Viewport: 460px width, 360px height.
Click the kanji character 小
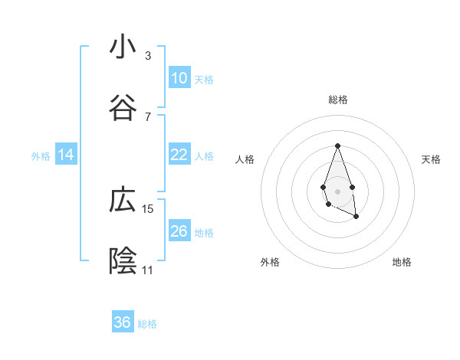[123, 47]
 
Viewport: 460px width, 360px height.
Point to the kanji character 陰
[123, 261]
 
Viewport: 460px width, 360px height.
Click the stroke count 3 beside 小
[147, 56]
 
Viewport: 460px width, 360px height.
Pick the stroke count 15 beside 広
[148, 208]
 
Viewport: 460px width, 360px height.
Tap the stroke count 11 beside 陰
[147, 270]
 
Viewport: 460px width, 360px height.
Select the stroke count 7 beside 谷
[147, 116]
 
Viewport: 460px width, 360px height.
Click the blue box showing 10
[179, 78]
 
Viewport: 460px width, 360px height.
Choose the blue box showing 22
[179, 155]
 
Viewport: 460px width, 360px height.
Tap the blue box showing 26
[179, 231]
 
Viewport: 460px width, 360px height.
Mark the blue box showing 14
[66, 155]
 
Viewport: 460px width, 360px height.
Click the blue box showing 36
[123, 322]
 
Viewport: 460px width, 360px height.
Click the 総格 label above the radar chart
[338, 100]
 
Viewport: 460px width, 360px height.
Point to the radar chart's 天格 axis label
[432, 159]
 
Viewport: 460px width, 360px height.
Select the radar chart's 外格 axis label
[270, 262]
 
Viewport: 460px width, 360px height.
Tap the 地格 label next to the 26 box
[204, 232]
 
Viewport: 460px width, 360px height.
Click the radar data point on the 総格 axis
[337, 146]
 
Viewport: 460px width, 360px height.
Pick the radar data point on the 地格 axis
[356, 217]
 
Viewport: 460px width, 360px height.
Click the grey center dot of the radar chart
[337, 190]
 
